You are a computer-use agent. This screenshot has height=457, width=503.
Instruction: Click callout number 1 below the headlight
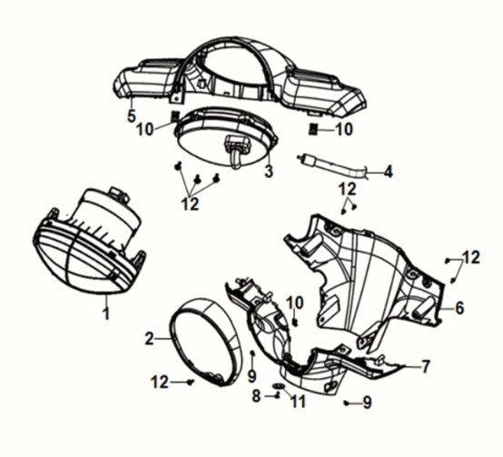(x=106, y=313)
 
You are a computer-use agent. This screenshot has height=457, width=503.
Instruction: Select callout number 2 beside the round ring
(x=149, y=338)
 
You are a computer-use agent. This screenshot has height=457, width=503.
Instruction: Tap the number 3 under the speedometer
(x=269, y=171)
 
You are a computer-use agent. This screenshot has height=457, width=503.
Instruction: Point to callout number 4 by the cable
(x=389, y=172)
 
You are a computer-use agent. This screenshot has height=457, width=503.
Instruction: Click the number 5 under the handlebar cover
(x=132, y=116)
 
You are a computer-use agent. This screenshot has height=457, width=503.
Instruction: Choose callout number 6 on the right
(x=459, y=308)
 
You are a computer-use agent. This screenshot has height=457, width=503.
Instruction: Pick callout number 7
(x=425, y=366)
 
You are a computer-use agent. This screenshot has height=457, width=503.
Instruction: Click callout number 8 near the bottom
(x=256, y=396)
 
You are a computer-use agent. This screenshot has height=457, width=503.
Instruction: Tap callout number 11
(x=298, y=402)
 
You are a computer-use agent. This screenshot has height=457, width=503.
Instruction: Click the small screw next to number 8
(x=277, y=396)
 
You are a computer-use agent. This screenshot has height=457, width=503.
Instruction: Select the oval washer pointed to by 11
(x=279, y=385)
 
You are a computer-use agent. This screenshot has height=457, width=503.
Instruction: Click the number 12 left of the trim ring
(x=160, y=382)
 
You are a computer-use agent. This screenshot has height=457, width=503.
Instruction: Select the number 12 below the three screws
(x=190, y=204)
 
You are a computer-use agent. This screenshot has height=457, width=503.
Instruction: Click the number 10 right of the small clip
(x=344, y=129)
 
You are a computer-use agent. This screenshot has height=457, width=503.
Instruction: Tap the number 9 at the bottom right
(x=368, y=402)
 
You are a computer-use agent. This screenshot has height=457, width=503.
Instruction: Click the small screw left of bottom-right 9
(x=346, y=402)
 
